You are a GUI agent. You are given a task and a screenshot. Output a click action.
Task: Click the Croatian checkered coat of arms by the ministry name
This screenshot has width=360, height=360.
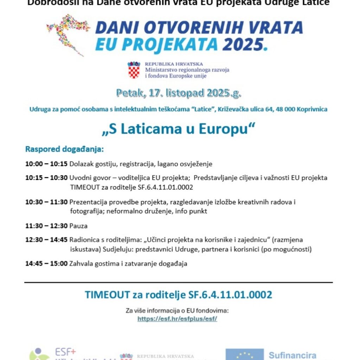point(134,70)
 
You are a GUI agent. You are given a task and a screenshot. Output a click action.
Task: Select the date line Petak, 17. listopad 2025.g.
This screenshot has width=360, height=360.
point(179,93)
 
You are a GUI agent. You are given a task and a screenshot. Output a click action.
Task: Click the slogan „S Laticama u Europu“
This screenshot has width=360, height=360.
point(178,129)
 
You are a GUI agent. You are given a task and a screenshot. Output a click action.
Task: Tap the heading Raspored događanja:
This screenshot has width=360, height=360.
point(64,149)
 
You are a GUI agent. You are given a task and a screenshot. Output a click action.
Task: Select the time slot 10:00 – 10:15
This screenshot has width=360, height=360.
point(46,164)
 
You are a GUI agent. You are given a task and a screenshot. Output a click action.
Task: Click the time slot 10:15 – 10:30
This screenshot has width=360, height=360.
point(46,178)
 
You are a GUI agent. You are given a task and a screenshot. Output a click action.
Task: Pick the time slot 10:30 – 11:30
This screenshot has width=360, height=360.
point(46,202)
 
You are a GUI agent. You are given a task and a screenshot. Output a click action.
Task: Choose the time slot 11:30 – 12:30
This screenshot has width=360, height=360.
point(46,226)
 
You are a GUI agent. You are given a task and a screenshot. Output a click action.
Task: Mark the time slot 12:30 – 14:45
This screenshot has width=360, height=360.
point(46,240)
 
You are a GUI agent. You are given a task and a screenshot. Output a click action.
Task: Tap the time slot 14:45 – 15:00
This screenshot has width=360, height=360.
point(46,263)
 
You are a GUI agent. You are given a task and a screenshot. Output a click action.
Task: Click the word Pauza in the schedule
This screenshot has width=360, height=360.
point(78,226)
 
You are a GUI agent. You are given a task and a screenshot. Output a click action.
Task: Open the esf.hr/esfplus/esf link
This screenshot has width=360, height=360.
point(177,319)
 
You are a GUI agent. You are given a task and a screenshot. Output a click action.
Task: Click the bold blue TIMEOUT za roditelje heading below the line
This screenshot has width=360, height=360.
point(178,295)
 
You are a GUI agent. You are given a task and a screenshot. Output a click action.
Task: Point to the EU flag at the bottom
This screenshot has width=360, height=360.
point(245,354)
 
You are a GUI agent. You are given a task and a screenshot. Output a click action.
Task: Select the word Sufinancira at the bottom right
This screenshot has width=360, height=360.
point(292,355)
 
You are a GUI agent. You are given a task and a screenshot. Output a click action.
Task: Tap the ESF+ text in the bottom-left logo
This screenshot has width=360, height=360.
point(65,352)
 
